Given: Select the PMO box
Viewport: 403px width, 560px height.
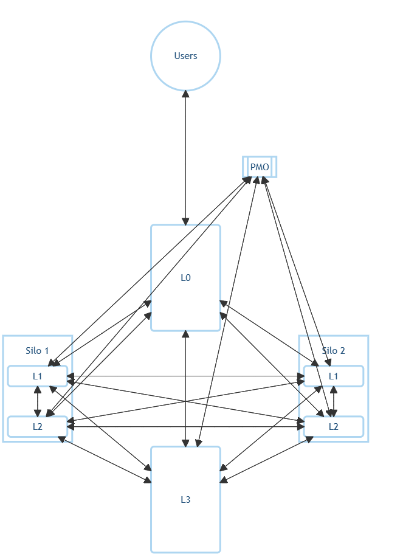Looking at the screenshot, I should tap(260, 167).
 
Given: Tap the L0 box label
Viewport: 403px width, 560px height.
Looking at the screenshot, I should tap(185, 278).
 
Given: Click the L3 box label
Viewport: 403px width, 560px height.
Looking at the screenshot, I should tap(185, 500).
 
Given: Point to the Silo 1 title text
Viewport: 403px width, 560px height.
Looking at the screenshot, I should tap(37, 350).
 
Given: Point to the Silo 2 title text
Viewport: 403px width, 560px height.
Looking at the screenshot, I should tap(333, 350).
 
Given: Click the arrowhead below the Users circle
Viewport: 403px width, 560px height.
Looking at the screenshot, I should tap(185, 95).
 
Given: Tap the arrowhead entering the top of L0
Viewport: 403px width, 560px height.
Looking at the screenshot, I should tap(185, 221).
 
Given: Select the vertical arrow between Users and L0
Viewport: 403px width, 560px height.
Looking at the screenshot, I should tap(185, 158).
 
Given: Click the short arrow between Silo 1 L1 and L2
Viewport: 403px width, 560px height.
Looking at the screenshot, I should tap(38, 401).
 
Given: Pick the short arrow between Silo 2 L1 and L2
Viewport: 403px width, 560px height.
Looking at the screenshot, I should tap(333, 401).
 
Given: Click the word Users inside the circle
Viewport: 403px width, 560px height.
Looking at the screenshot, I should tap(185, 56).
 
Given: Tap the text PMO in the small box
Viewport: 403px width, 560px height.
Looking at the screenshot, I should tap(260, 167).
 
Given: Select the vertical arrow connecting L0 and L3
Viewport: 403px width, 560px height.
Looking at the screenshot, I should tap(185, 389).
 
